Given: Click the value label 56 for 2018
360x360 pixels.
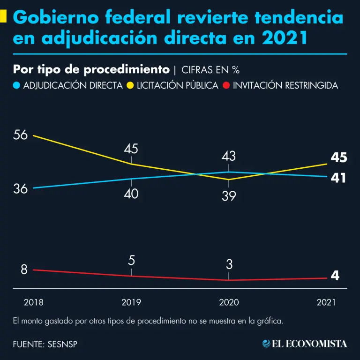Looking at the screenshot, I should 21,135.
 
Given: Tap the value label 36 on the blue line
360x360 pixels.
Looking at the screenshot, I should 21,189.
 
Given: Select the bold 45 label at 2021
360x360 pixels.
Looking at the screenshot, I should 338,158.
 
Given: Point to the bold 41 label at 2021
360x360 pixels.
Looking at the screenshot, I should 338,179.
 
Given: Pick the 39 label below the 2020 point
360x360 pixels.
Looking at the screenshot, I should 229,196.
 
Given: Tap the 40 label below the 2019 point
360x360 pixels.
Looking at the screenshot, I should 131,194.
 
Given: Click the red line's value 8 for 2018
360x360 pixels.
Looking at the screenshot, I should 24,270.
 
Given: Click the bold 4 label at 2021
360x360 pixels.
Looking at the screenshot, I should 335,276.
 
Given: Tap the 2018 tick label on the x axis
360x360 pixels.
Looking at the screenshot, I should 33,303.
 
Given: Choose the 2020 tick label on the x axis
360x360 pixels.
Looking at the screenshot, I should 229,303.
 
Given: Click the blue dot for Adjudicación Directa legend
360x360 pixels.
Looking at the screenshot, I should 17,86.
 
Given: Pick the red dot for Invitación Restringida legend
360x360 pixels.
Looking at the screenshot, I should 226,86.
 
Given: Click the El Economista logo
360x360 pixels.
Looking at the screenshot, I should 305,344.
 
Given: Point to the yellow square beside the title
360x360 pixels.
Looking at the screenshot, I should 3,17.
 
